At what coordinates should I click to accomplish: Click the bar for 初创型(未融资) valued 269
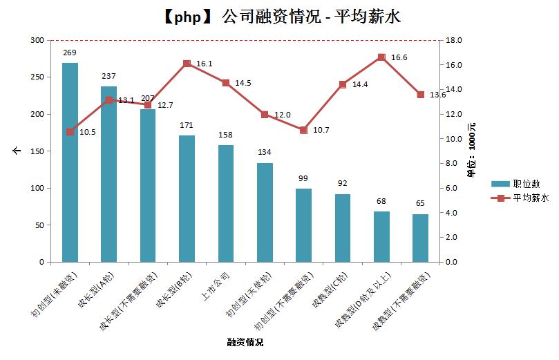70,162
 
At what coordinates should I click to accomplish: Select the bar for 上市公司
226,204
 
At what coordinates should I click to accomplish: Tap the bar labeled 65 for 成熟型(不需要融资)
421,238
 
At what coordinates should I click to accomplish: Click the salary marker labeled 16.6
381,58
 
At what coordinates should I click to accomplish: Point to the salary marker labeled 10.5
70,132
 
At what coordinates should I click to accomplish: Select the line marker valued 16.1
187,64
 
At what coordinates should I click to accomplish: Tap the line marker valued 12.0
265,114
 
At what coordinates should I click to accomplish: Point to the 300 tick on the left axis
37,40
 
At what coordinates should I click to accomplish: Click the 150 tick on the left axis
37,151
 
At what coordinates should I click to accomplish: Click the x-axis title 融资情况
245,342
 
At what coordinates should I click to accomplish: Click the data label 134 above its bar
265,153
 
